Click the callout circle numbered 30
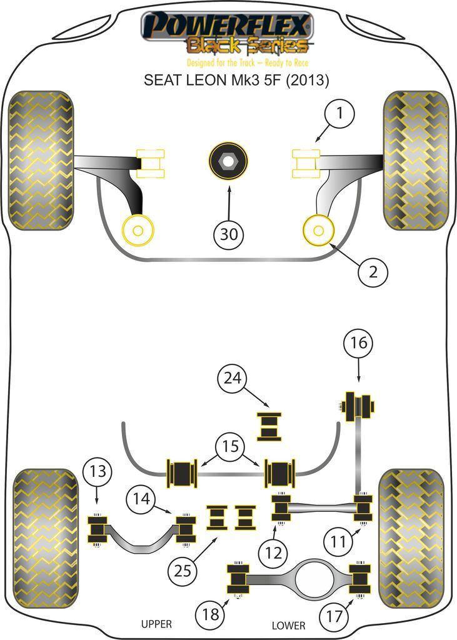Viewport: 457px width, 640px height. coord(229,235)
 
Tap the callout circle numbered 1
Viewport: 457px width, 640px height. coord(339,115)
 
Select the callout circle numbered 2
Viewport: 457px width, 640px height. coord(373,272)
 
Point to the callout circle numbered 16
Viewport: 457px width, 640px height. coord(358,343)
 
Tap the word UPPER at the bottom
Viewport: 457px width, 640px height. coord(156,624)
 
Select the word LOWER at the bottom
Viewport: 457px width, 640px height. coord(289,625)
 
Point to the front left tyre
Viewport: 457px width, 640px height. coord(41,161)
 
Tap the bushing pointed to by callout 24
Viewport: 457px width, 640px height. coord(270,426)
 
